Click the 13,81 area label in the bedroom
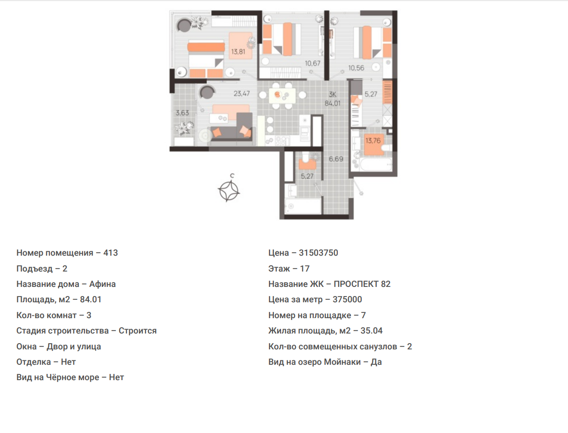pos(238,52)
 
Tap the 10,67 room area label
pos(313,63)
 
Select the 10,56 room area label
pos(357,68)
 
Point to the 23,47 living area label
pos(242,94)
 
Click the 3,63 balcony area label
pos(183,112)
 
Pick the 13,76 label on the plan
pos(373,141)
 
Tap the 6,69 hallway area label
pos(336,159)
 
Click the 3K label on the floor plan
pos(333,95)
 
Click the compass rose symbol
pos(229,191)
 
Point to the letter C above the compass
pos(232,176)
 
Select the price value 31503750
pos(319,253)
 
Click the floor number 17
pos(305,269)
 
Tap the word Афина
pos(102,284)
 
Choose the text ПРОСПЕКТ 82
pos(362,284)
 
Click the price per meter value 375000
pos(347,300)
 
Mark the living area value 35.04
pos(371,331)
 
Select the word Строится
pos(137,331)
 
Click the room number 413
pos(111,253)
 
